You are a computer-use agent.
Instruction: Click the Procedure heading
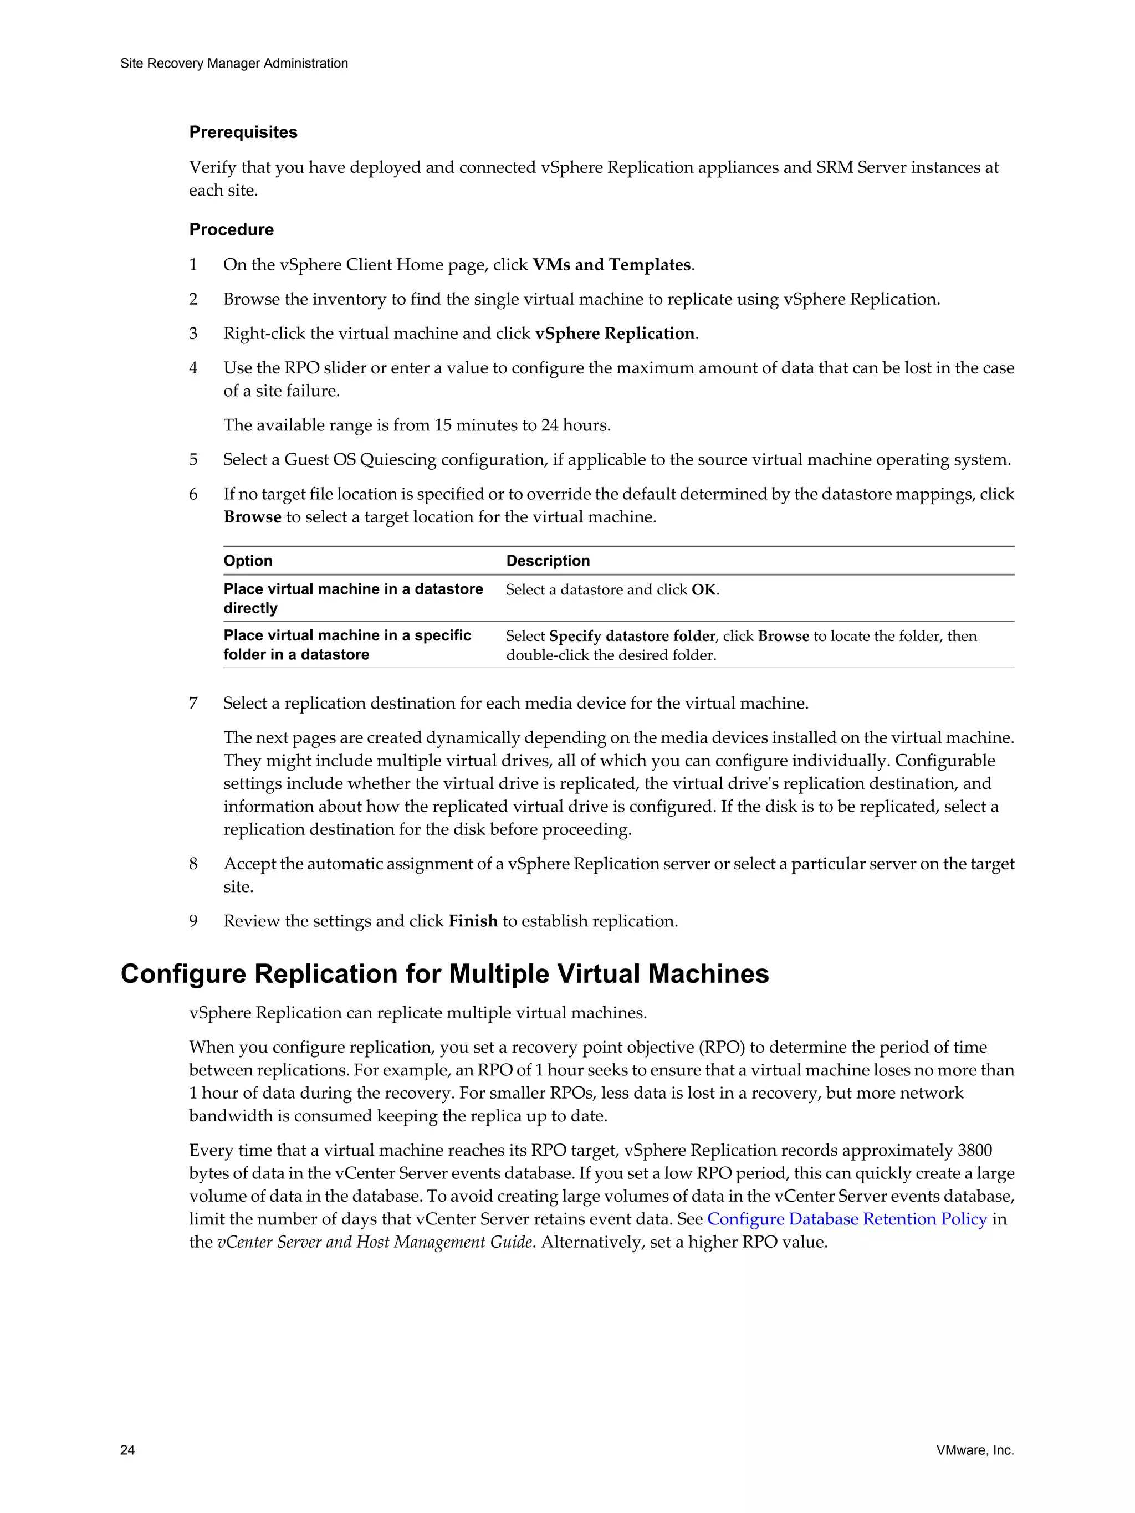point(231,229)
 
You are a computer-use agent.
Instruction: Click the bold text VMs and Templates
point(612,265)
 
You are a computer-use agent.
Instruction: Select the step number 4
point(193,368)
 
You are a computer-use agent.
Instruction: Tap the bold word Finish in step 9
point(473,921)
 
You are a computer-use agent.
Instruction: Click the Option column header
point(248,561)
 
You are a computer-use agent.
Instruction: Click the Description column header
point(548,561)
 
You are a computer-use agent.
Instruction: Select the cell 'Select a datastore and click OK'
point(612,589)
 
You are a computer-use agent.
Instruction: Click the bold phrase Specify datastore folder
point(631,636)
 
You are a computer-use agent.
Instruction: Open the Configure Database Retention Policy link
point(847,1219)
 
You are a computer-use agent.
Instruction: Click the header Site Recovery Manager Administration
point(234,64)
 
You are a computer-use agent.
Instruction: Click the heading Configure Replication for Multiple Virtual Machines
point(444,974)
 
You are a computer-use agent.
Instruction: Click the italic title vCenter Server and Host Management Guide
point(374,1242)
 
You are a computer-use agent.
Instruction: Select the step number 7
point(193,703)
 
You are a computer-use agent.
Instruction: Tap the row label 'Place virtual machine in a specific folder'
point(347,644)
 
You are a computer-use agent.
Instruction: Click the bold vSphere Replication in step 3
point(615,334)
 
